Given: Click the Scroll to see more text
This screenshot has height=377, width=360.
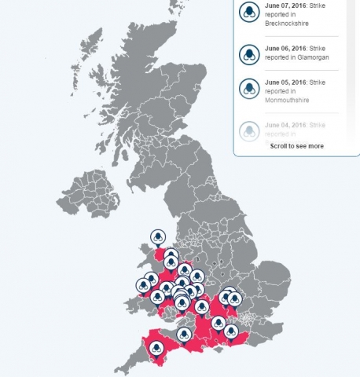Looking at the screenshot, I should pos(296,146).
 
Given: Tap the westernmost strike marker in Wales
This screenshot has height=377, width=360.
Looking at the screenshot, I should pos(145,285).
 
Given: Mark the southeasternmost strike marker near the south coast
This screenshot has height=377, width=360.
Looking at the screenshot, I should pos(230,331).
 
